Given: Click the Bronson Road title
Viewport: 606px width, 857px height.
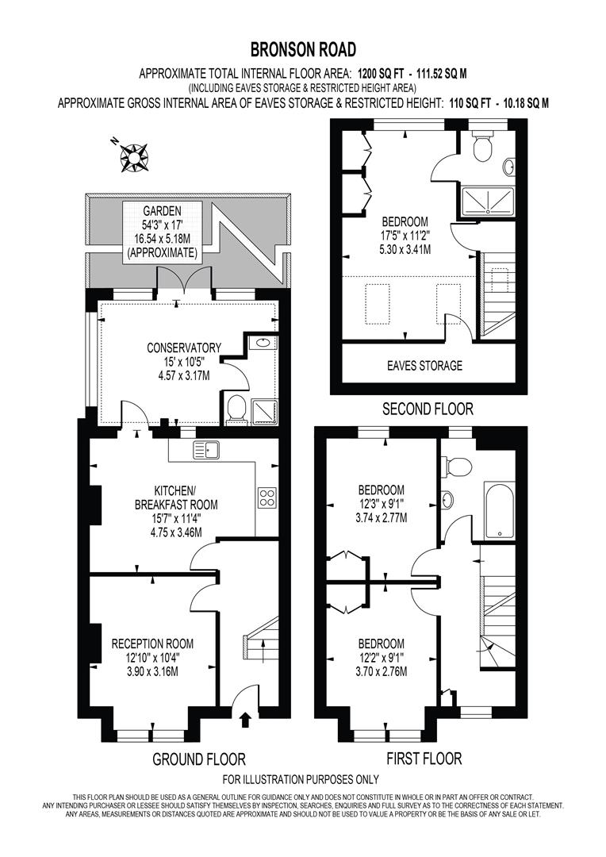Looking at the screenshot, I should [303, 51].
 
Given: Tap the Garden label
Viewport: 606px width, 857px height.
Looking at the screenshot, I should [162, 211].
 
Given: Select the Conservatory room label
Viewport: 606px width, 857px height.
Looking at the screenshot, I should [184, 348].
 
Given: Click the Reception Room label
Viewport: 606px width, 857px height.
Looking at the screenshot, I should [152, 644].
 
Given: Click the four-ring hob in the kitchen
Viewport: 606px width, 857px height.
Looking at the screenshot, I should [267, 498].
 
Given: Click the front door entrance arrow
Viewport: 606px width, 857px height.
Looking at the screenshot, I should [245, 720].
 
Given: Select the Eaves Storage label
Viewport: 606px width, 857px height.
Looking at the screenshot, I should [425, 366].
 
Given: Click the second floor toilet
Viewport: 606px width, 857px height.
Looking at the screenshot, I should [481, 145].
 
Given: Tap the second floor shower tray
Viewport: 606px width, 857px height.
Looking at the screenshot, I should [483, 202].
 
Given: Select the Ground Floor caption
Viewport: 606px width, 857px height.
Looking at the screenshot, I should [198, 759].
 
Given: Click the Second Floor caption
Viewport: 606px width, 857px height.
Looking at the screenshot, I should [428, 409].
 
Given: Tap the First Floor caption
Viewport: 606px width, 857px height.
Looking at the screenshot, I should [424, 759].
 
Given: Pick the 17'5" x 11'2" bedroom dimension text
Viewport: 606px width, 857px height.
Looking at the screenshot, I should [405, 235].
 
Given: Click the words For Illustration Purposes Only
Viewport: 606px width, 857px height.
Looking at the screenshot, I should [301, 779].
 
